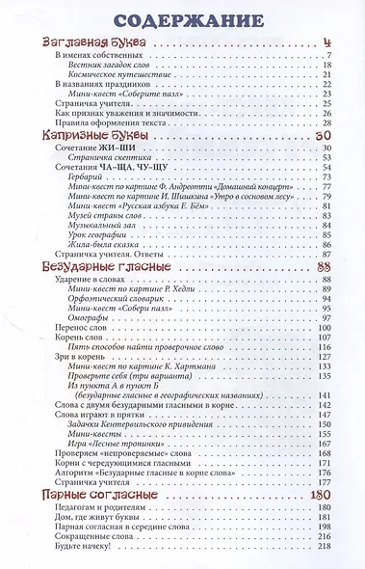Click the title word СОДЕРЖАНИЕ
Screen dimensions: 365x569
(x=182, y=21)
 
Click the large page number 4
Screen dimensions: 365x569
(x=327, y=42)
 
